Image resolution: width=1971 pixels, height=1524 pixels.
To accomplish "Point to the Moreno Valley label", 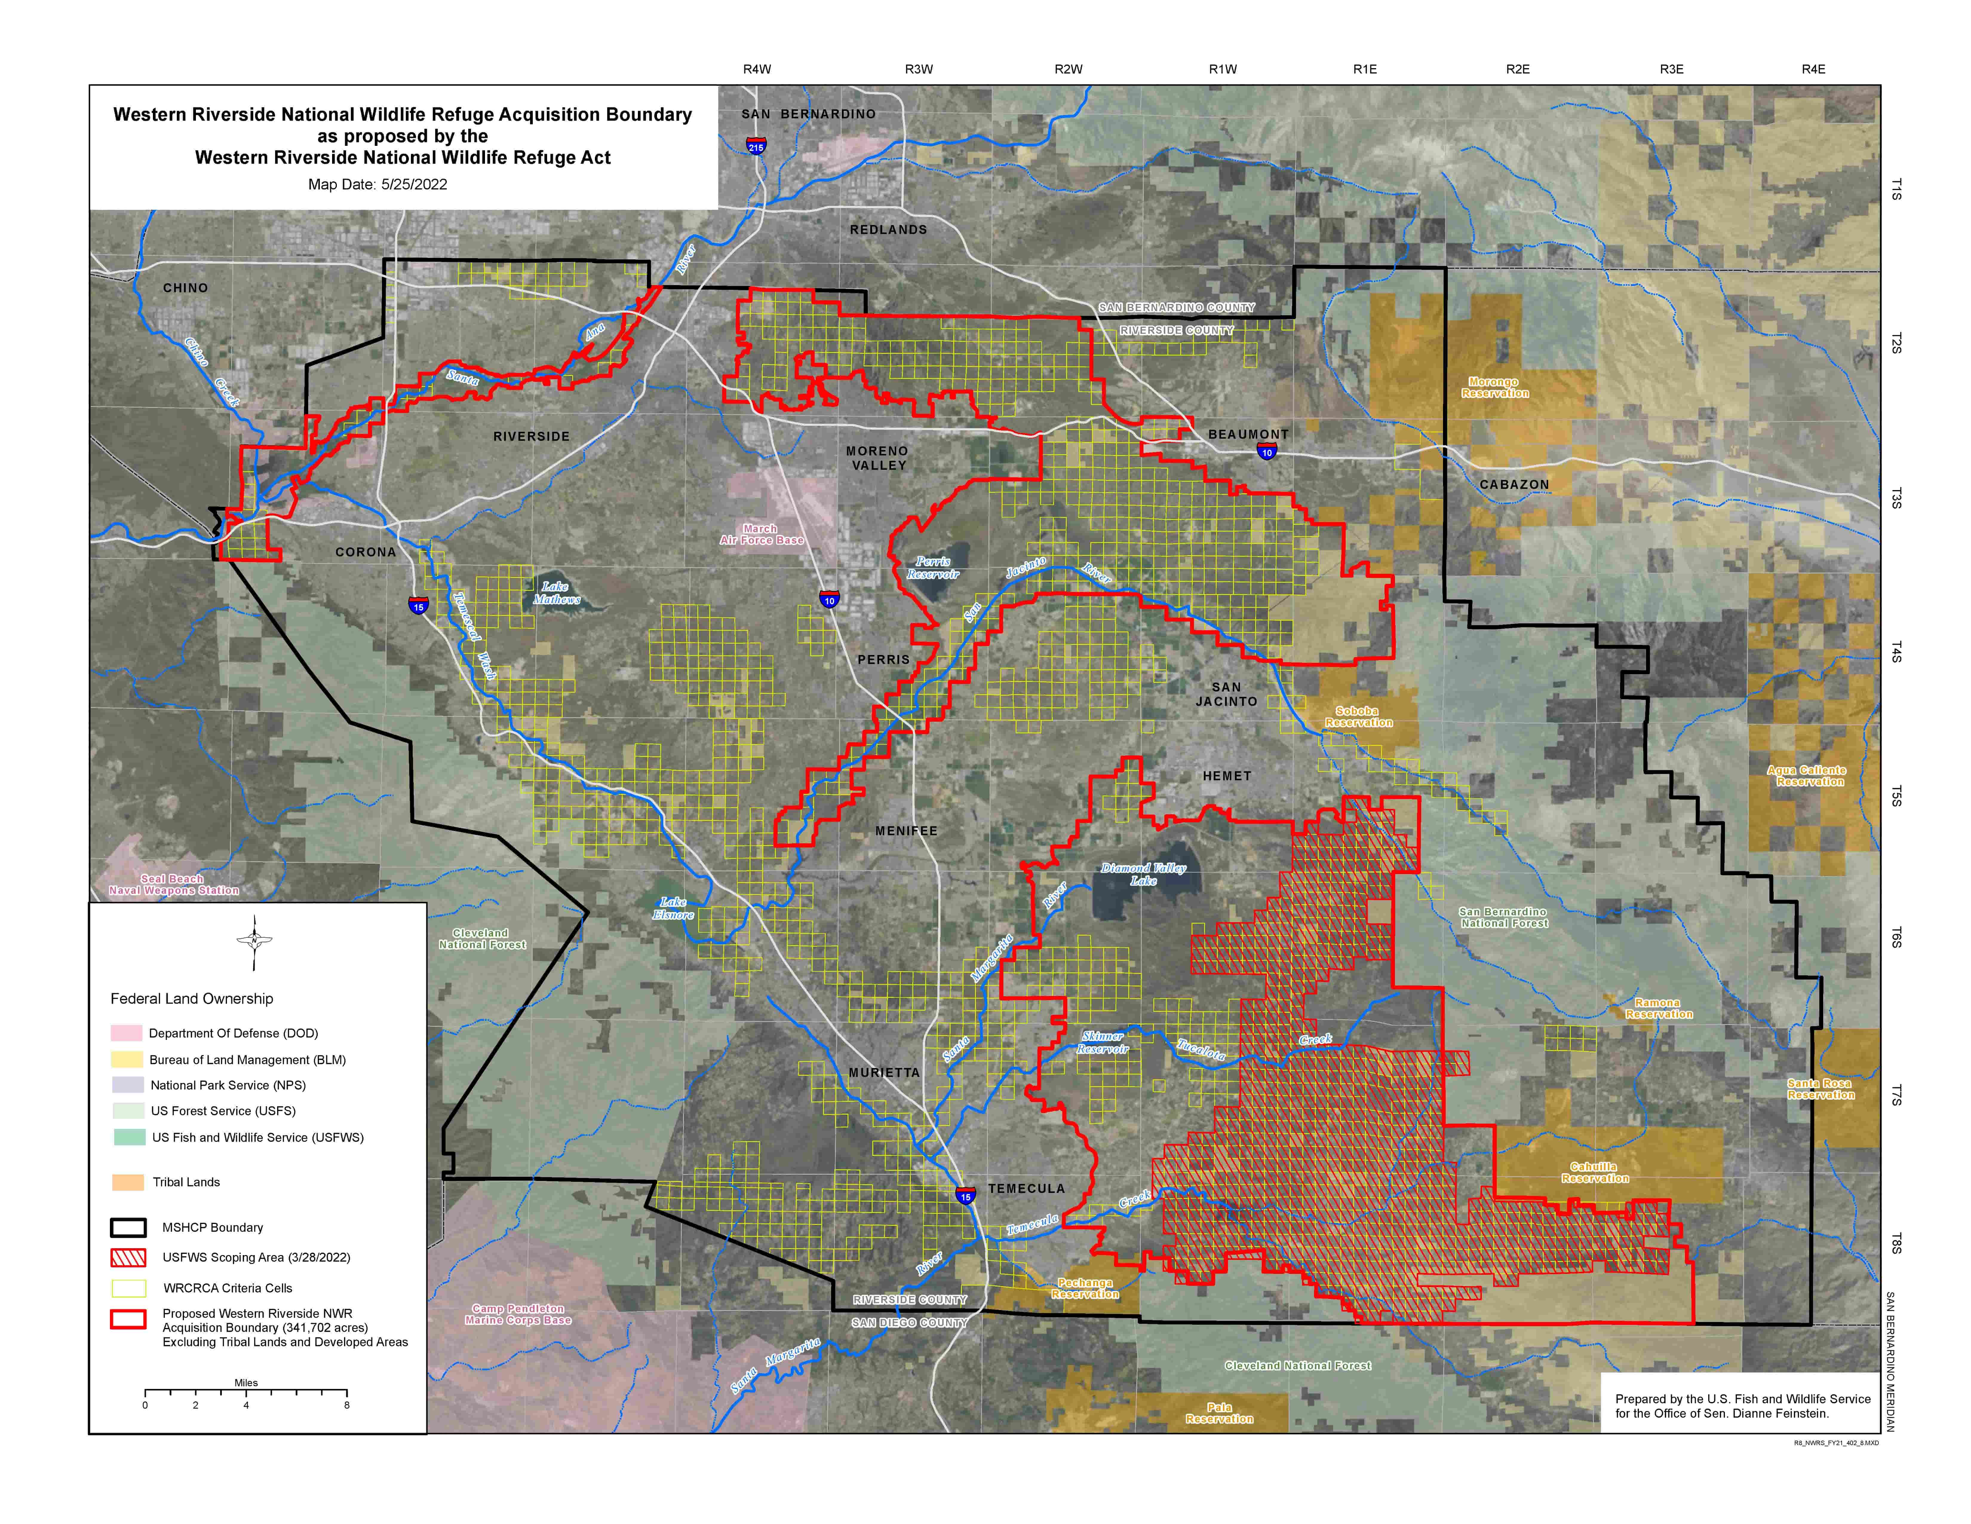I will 877,458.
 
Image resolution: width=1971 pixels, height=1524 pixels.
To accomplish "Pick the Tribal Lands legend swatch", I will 127,1182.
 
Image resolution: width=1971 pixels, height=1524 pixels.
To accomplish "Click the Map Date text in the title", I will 377,184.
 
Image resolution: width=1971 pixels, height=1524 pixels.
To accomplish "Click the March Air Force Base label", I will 761,535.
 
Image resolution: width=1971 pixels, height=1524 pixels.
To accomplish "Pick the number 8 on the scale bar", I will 346,1405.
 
